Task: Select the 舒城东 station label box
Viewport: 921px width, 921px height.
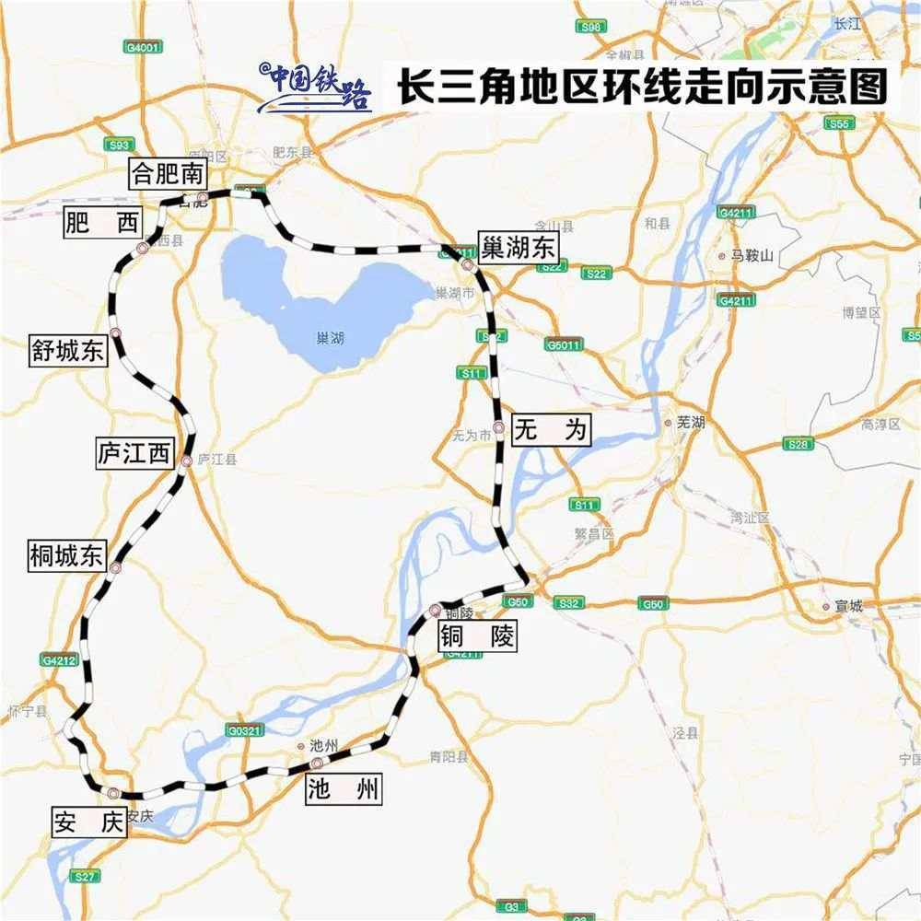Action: coord(67,351)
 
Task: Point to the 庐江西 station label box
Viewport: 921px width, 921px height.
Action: coord(134,452)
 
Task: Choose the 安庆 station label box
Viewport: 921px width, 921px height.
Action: coord(87,822)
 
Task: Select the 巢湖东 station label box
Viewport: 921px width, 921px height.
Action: coord(519,248)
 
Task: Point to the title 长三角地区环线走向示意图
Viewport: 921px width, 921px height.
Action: coord(641,87)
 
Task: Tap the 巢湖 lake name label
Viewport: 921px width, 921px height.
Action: coord(329,339)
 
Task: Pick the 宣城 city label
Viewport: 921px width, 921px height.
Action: coord(846,606)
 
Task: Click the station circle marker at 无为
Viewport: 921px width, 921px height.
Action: coord(498,427)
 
